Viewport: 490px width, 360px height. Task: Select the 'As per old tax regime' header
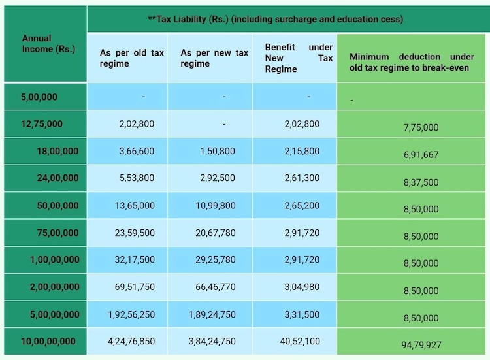[131, 58]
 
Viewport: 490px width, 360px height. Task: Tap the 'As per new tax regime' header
[214, 58]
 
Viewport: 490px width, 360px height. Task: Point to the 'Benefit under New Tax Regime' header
[299, 58]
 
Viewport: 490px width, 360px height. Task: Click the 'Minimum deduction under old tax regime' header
[412, 62]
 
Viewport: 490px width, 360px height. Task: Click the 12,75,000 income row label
[42, 123]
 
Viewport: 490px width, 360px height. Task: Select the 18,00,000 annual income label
[57, 151]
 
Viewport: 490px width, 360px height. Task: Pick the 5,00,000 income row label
[39, 97]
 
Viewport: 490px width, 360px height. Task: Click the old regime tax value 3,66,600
[137, 151]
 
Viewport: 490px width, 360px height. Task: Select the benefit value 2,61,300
[302, 178]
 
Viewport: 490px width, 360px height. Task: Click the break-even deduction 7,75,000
[421, 127]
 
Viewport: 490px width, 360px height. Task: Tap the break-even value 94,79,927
[421, 344]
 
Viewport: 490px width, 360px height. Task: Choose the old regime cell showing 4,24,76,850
[131, 341]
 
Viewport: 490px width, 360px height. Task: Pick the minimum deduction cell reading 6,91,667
[421, 155]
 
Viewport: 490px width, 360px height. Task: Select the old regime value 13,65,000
[134, 205]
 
